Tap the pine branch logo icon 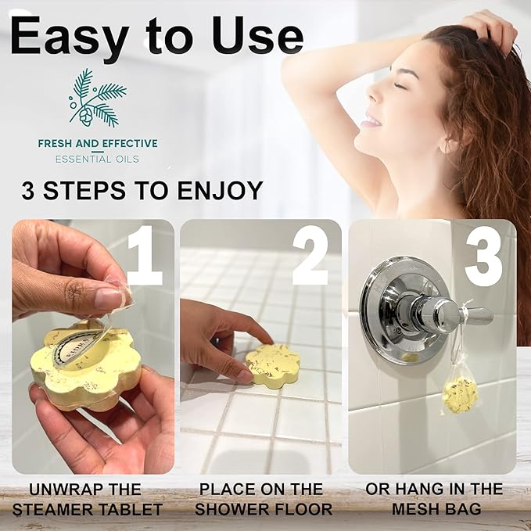point(97,98)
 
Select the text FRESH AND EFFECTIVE point(97,143)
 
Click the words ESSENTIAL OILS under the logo point(97,160)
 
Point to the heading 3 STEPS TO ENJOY point(142,192)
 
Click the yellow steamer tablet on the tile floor point(272,365)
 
